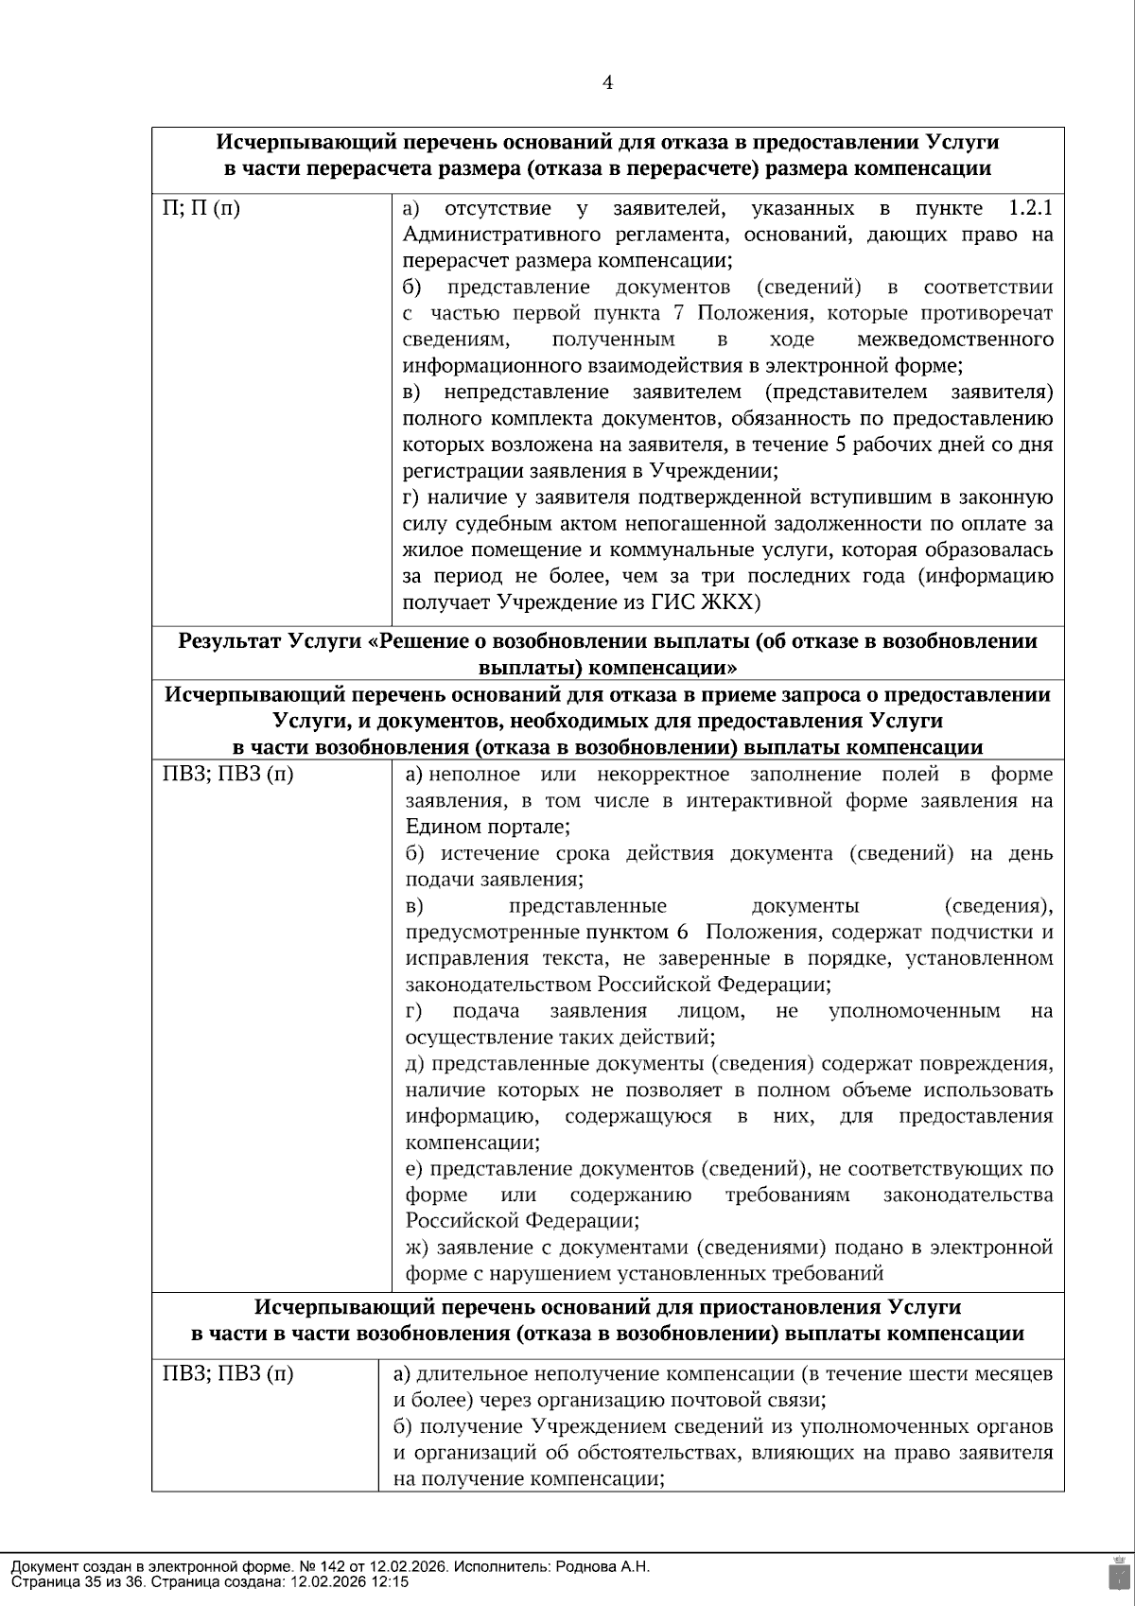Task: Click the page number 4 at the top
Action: tap(607, 83)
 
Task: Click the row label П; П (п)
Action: tap(201, 208)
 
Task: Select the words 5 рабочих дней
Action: tap(891, 445)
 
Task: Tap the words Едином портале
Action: tap(486, 827)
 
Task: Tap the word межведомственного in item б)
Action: tap(954, 340)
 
